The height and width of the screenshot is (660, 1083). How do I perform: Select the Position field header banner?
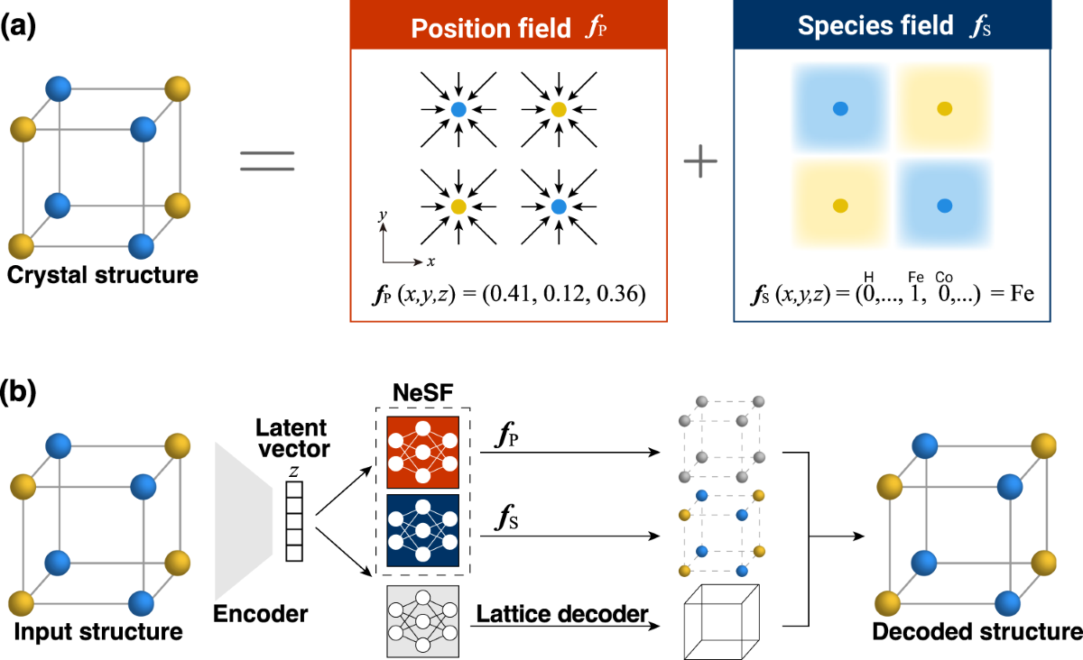coord(507,28)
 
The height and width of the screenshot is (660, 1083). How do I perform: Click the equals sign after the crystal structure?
coord(266,162)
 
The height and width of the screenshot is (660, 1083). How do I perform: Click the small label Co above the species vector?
coord(945,277)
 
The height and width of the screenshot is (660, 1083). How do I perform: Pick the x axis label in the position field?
coord(430,261)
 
